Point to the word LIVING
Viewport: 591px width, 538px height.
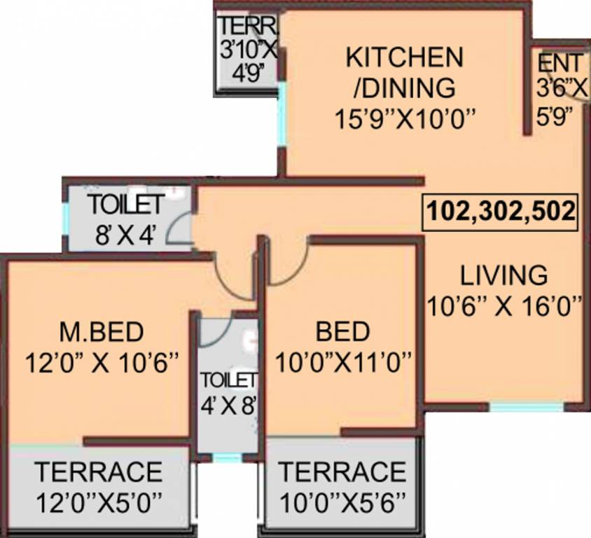[x=503, y=275]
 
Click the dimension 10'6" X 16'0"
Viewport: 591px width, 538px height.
[x=504, y=305]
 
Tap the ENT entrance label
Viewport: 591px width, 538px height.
[x=557, y=62]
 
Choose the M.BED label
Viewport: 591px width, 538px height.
[x=102, y=330]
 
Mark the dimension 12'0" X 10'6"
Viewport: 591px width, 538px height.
[x=102, y=364]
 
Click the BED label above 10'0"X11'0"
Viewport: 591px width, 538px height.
[x=342, y=330]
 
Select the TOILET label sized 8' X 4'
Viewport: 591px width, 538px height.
[x=126, y=205]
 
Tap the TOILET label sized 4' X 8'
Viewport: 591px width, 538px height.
[x=228, y=380]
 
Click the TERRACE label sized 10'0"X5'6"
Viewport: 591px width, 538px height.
[x=342, y=472]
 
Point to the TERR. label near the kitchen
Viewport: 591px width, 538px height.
[x=248, y=27]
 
